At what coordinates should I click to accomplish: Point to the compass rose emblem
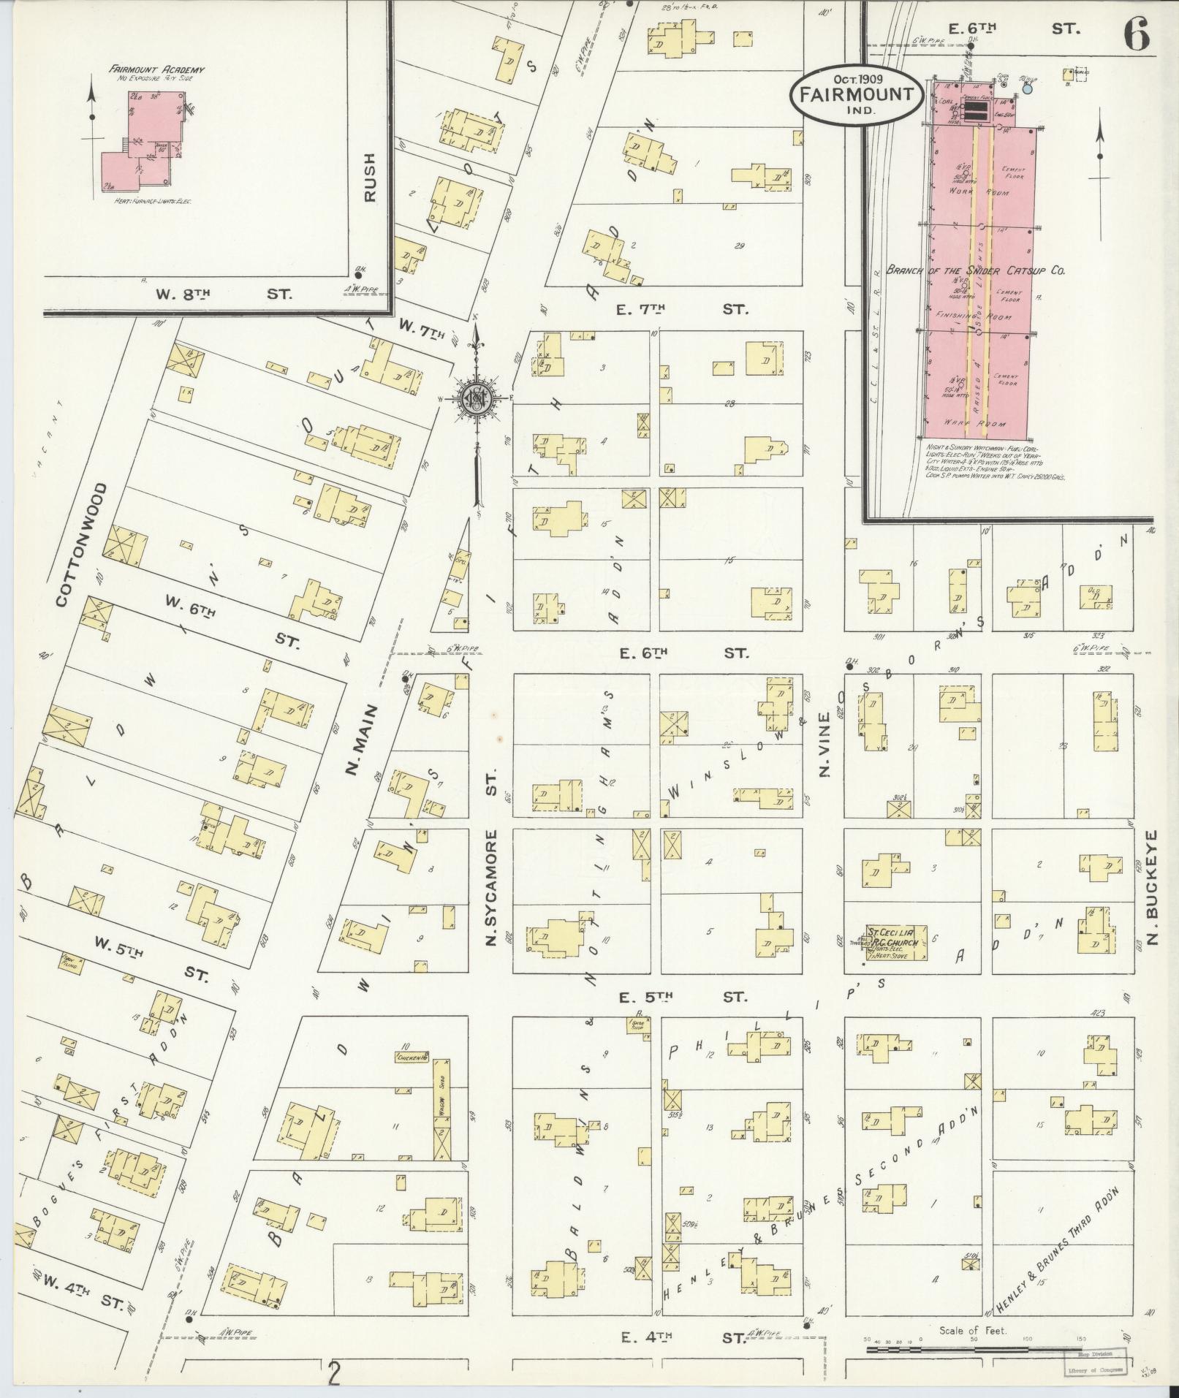476,400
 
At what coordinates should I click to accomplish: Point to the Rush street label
371,177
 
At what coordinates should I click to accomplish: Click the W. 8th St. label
224,295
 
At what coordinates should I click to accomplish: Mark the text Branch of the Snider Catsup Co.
975,270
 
